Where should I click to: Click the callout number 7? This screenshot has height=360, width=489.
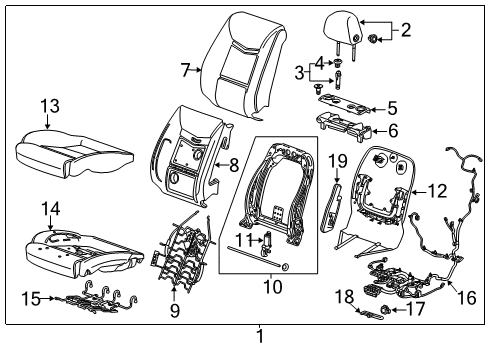(185, 70)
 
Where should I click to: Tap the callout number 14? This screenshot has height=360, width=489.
(50, 207)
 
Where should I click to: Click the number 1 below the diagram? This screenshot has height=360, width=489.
(259, 346)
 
